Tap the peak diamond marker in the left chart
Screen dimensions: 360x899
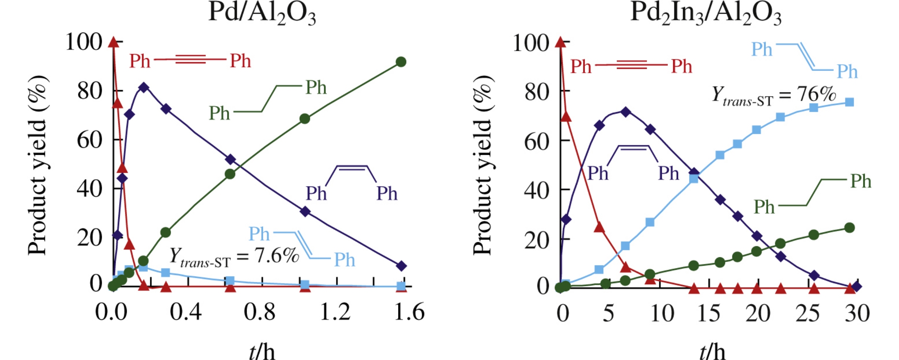pos(143,87)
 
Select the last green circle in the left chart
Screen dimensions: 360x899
pos(401,62)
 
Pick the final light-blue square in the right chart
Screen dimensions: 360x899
pos(849,102)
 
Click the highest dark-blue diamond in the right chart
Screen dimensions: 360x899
pos(626,112)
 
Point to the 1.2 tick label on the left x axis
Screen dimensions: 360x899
pos(335,312)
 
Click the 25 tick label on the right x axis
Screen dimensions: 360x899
pos(807,313)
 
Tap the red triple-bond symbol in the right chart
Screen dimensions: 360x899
pos(631,65)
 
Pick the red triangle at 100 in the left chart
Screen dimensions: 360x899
pos(114,42)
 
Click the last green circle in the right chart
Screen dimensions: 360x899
pos(849,228)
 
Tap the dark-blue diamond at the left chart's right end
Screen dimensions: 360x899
pos(401,266)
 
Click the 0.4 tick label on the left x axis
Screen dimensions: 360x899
pos(186,312)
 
